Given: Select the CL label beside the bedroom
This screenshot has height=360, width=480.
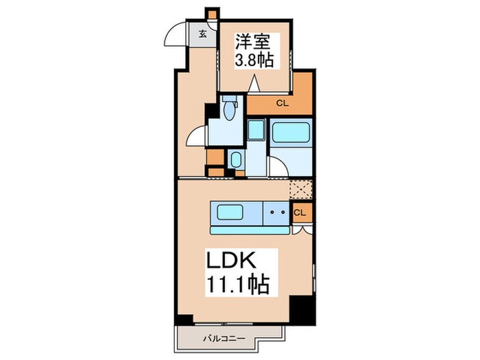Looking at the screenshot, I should [x=281, y=104].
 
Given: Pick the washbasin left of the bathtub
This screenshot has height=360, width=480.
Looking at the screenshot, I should [x=256, y=129].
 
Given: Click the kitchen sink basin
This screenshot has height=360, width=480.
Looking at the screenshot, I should [x=236, y=211].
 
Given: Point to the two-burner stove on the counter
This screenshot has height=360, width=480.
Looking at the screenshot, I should [x=277, y=212].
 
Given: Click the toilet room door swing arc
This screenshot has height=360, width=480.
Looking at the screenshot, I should [x=197, y=135].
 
